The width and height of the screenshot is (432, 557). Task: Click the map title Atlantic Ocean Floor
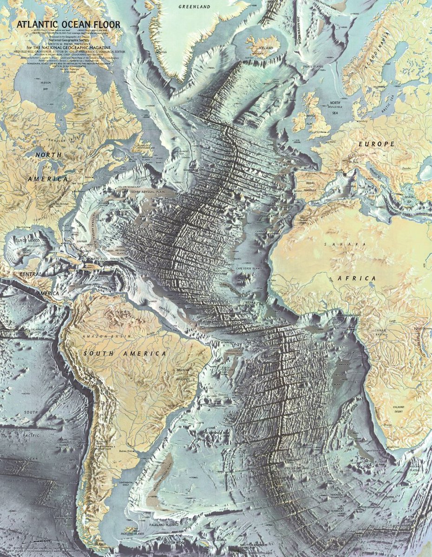pyautogui.click(x=68, y=24)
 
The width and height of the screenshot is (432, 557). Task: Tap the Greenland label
pyautogui.click(x=194, y=7)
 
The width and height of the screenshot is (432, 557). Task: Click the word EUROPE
pyautogui.click(x=376, y=144)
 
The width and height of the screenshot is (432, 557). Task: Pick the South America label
pyautogui.click(x=124, y=354)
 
